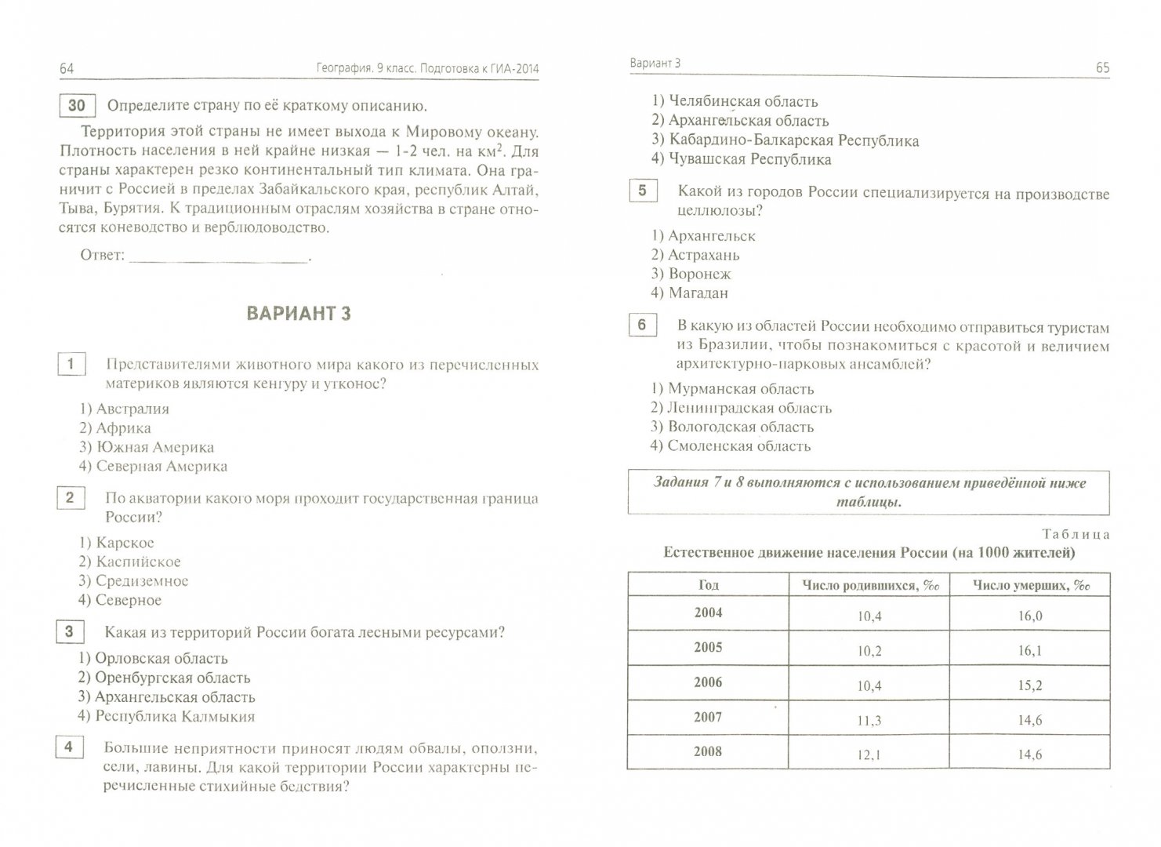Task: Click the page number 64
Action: [67, 69]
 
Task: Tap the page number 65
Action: [1102, 67]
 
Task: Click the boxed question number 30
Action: [77, 106]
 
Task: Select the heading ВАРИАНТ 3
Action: [299, 314]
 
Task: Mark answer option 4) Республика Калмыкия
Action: [165, 716]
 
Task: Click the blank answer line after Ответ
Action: [218, 256]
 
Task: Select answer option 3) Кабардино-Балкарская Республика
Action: [785, 140]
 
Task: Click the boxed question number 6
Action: [642, 325]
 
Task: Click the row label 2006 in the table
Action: [708, 682]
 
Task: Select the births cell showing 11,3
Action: [869, 720]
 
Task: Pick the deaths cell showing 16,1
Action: [1029, 651]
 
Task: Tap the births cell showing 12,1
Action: [869, 754]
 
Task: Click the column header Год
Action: [708, 585]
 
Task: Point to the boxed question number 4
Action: [68, 747]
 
